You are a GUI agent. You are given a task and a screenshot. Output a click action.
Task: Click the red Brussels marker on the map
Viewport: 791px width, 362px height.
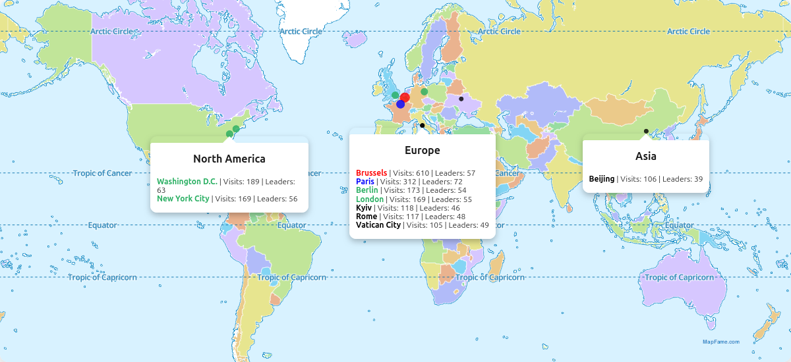tap(405, 97)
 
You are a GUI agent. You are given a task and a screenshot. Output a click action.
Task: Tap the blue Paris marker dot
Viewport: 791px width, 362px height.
tap(400, 104)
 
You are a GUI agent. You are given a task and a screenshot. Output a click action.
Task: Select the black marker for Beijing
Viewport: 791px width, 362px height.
tap(646, 131)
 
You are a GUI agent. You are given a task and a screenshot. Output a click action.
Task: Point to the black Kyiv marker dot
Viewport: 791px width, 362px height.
tap(461, 99)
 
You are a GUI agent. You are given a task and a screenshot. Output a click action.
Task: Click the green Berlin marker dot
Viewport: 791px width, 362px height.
tap(425, 91)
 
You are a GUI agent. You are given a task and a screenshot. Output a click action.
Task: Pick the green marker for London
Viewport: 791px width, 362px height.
tap(395, 95)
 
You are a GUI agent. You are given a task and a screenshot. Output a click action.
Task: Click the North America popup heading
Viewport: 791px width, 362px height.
tap(229, 159)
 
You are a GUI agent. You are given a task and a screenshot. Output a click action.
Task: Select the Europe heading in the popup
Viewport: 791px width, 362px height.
tap(422, 150)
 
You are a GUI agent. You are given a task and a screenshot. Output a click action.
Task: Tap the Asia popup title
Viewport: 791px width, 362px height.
tap(645, 156)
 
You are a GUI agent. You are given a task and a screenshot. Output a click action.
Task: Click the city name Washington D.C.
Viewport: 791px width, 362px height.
tap(187, 182)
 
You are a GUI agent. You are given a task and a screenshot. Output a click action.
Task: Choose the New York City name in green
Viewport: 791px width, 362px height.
tap(183, 199)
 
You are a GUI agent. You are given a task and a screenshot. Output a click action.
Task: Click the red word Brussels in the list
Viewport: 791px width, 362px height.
tap(371, 173)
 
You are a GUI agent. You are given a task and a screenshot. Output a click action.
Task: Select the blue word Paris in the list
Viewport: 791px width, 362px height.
tap(365, 182)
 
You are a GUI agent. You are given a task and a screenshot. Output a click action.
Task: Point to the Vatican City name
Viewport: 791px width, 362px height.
tap(378, 225)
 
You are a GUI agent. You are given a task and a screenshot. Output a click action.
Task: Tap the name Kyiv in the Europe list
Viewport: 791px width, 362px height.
tap(364, 208)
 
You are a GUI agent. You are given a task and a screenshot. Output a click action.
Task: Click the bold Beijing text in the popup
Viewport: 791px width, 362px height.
tap(602, 179)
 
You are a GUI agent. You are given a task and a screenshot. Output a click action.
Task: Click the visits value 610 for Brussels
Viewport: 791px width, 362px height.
tap(423, 173)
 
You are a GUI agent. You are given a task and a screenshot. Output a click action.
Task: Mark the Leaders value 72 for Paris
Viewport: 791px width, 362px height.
tap(458, 182)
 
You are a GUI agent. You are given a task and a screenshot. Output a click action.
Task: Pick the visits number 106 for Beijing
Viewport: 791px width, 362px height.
tap(651, 179)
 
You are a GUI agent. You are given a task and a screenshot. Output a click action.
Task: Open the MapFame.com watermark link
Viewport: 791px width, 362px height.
tap(720, 342)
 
